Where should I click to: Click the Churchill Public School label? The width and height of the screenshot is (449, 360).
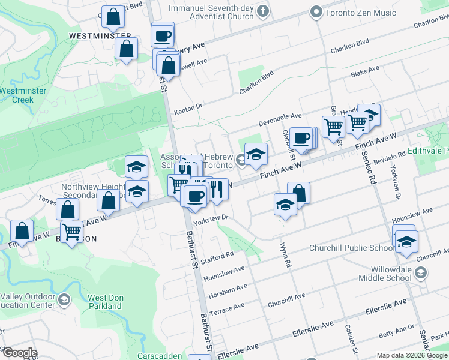(352, 248)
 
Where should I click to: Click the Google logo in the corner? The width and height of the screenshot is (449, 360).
(20, 352)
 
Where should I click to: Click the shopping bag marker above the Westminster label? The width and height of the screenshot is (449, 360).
(112, 17)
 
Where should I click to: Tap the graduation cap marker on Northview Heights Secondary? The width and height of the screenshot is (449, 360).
(137, 193)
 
